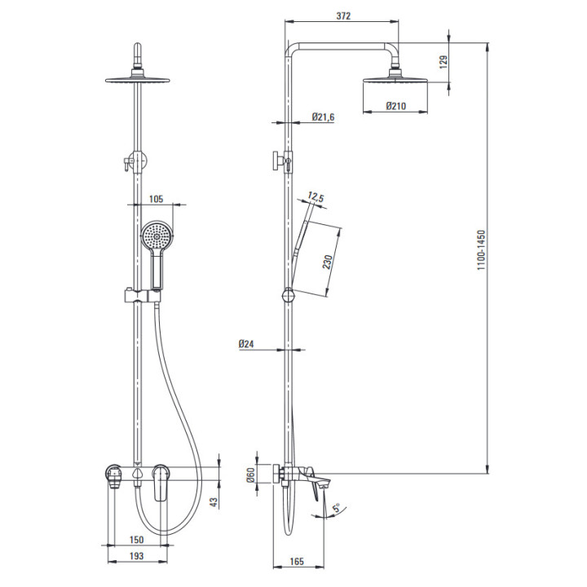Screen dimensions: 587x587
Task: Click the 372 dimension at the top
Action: (x=343, y=15)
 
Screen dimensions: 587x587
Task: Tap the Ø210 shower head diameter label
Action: (x=395, y=106)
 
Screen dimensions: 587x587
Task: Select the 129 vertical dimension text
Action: (x=444, y=62)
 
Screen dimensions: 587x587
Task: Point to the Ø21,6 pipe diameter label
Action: (x=323, y=117)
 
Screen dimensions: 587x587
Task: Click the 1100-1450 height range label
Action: (x=481, y=250)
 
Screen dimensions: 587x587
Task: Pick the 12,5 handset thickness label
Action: (x=316, y=197)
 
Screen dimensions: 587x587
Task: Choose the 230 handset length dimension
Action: (x=328, y=262)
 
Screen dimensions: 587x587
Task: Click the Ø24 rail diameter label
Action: (x=246, y=344)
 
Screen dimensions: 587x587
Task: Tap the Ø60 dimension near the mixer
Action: (x=250, y=475)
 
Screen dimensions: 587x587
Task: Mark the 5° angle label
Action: (x=336, y=508)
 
